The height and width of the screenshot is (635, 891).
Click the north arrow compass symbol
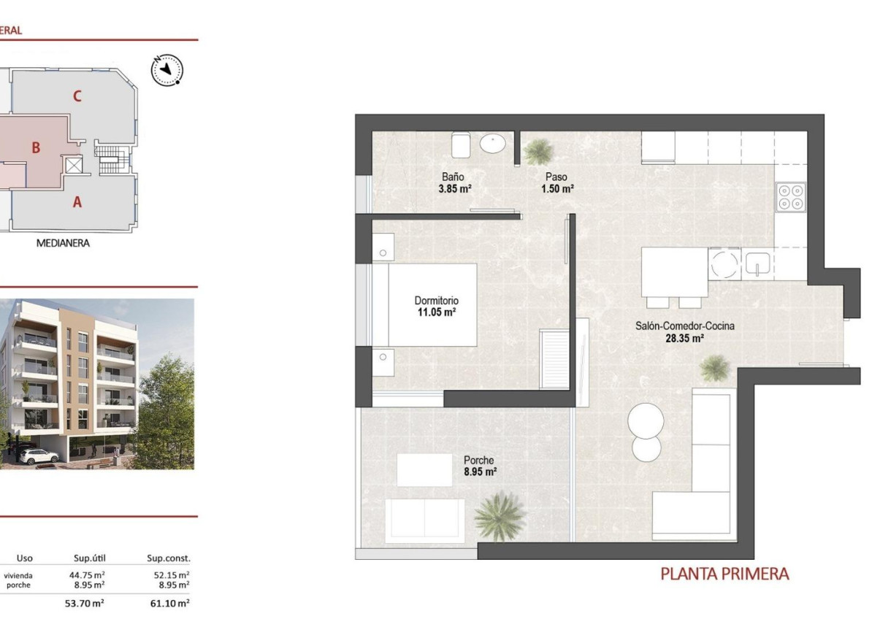pos(167,70)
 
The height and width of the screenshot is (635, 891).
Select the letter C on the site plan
pos(77,96)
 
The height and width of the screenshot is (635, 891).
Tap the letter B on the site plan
pos(36,147)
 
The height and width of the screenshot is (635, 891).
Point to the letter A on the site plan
pos(77,203)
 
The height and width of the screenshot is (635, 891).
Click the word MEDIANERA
pos(64,244)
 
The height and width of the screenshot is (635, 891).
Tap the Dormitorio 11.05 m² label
pos(436,306)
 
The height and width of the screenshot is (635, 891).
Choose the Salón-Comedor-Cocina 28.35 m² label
pos(684,332)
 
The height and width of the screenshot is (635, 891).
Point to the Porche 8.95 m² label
pos(480,466)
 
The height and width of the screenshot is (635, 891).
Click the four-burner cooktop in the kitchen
pos(790,196)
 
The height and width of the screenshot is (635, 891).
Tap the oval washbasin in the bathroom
pos(493,144)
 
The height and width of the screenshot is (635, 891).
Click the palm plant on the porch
pos(500,515)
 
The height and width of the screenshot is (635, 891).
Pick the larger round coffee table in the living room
pos(646,420)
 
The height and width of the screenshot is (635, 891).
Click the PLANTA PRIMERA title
pos(724,574)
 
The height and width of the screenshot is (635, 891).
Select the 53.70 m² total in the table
pos(84,604)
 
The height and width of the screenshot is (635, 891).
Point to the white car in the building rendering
pos(39,456)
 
